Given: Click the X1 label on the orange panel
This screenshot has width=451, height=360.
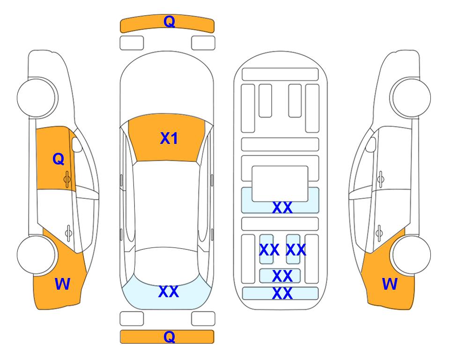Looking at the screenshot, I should click(169, 138).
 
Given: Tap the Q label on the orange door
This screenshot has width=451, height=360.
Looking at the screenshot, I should click(58, 159).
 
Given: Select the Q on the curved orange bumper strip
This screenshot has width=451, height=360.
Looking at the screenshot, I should click(169, 21).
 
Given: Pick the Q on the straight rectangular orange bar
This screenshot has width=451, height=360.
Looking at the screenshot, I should click(169, 337).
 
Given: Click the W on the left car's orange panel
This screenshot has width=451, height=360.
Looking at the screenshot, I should click(62, 284).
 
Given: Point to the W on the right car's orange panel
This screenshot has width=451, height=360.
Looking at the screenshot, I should click(390, 284).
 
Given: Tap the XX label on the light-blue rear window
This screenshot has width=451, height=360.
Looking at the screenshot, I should click(169, 292).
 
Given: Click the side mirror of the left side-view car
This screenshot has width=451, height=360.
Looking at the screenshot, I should click(77, 145).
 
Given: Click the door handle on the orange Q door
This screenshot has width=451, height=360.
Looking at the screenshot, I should click(67, 178).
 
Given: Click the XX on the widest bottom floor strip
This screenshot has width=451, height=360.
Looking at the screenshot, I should click(282, 294).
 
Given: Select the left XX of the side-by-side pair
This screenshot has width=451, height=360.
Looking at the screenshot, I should click(269, 250).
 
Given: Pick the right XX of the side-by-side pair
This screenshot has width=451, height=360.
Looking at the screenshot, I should click(296, 250).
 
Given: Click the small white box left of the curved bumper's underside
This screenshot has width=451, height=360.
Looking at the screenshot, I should click(132, 43).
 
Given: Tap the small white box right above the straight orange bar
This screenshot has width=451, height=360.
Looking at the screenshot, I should click(203, 319).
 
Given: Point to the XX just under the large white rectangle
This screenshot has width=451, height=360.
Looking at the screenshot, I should click(282, 208).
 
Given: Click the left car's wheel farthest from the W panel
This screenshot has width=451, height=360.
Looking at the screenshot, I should click(37, 97).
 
